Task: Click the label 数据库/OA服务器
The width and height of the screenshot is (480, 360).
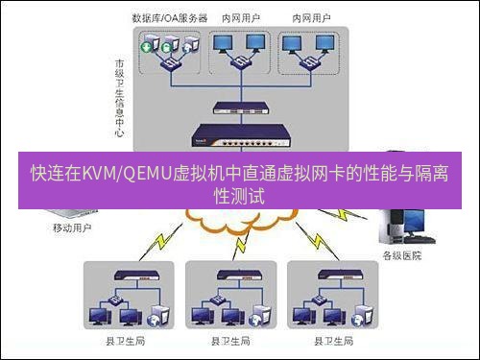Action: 169,18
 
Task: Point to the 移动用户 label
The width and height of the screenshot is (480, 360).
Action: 72,229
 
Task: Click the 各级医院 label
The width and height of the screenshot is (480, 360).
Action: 402,256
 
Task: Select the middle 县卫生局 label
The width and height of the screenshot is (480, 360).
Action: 230,342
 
